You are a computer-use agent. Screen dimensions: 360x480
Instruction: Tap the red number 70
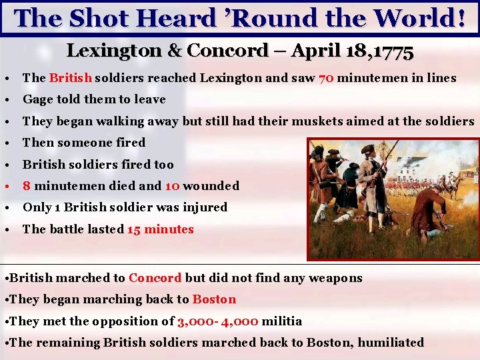tap(327, 78)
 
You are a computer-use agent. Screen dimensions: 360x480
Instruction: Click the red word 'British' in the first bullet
tap(71, 78)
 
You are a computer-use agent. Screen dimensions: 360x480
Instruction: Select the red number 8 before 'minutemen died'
tap(26, 186)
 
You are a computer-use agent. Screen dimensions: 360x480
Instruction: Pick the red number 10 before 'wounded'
tap(172, 186)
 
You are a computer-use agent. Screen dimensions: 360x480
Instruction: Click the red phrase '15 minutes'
tap(160, 229)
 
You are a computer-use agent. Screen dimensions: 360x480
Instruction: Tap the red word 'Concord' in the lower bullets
tap(155, 278)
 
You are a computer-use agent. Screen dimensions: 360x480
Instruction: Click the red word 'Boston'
tap(214, 299)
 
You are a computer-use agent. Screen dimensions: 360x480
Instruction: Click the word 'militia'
tap(282, 321)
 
